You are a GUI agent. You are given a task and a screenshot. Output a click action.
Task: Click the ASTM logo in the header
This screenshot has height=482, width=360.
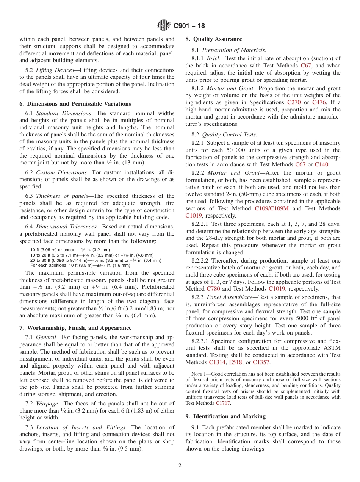point(164,26)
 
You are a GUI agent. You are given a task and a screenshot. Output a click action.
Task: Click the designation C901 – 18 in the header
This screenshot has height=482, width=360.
point(189,26)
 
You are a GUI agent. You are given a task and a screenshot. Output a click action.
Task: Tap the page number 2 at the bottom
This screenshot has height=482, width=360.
point(180,466)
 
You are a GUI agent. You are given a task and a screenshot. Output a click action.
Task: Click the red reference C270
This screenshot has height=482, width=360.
point(294,102)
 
